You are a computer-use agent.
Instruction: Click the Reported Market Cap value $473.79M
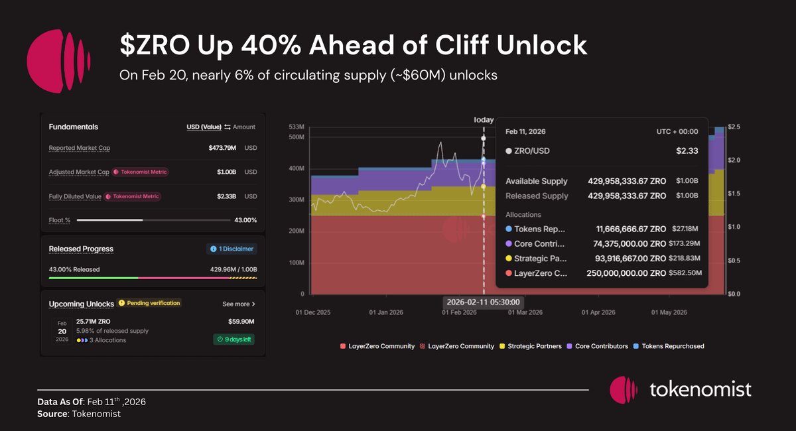223,147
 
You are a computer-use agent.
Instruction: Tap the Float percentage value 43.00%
245,220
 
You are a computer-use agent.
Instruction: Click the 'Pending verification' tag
150,303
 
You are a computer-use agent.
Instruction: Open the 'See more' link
238,304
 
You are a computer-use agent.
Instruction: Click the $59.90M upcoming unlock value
241,322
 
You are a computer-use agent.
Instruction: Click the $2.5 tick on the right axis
734,127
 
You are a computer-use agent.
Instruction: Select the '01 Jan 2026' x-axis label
387,312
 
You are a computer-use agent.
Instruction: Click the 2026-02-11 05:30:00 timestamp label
482,302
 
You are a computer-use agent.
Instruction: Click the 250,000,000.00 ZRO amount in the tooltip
626,273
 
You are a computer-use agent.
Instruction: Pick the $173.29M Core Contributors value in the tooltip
689,243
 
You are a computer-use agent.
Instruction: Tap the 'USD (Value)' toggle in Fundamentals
203,127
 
